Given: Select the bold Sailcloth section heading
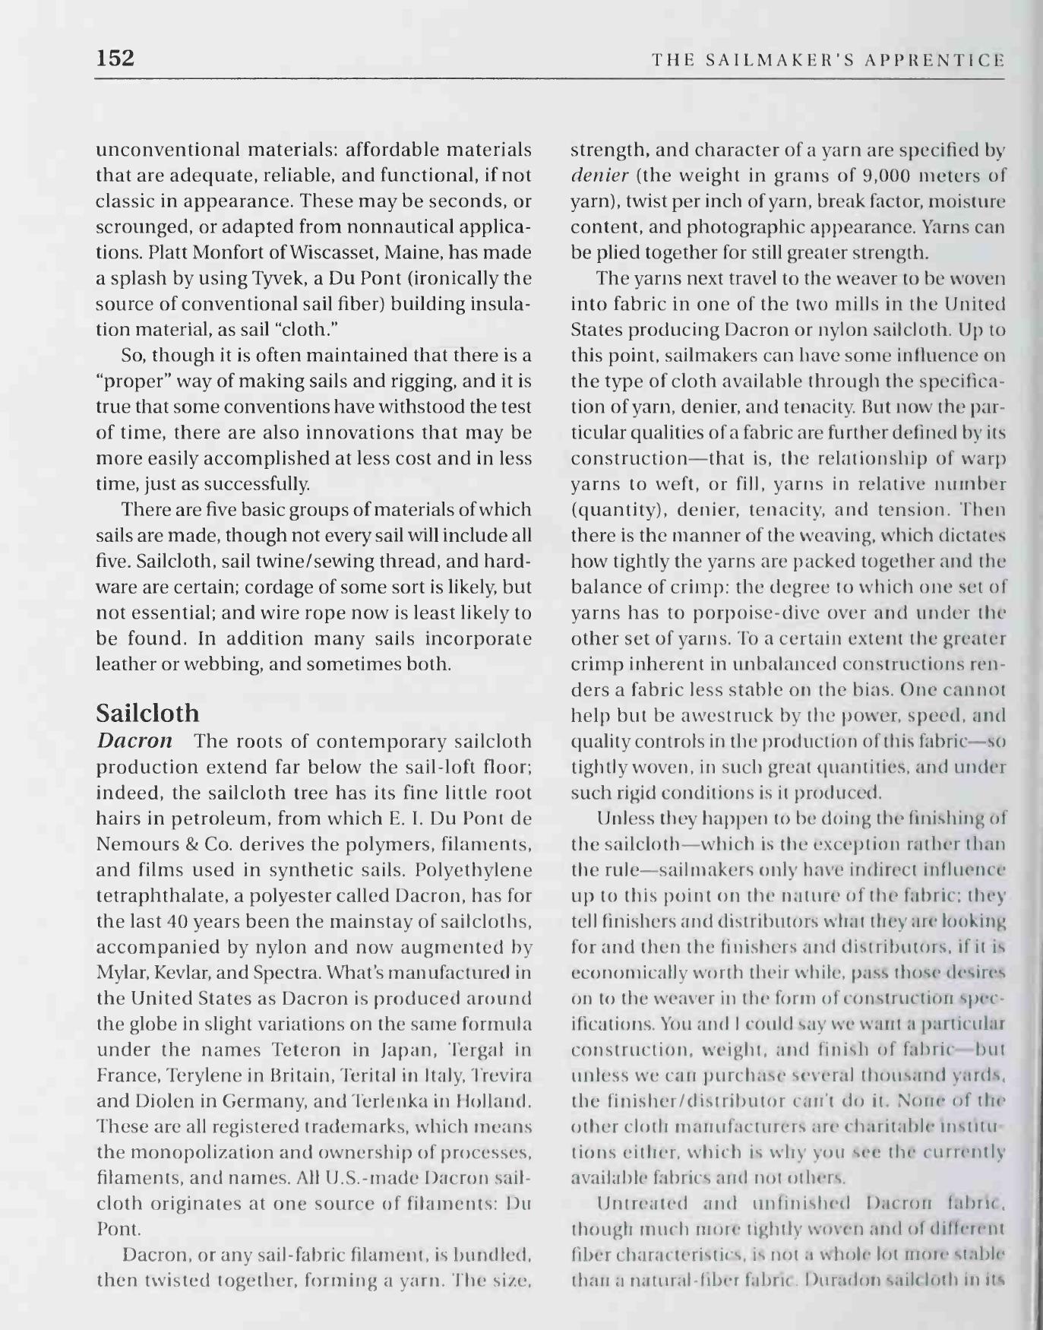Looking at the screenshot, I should tap(147, 713).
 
